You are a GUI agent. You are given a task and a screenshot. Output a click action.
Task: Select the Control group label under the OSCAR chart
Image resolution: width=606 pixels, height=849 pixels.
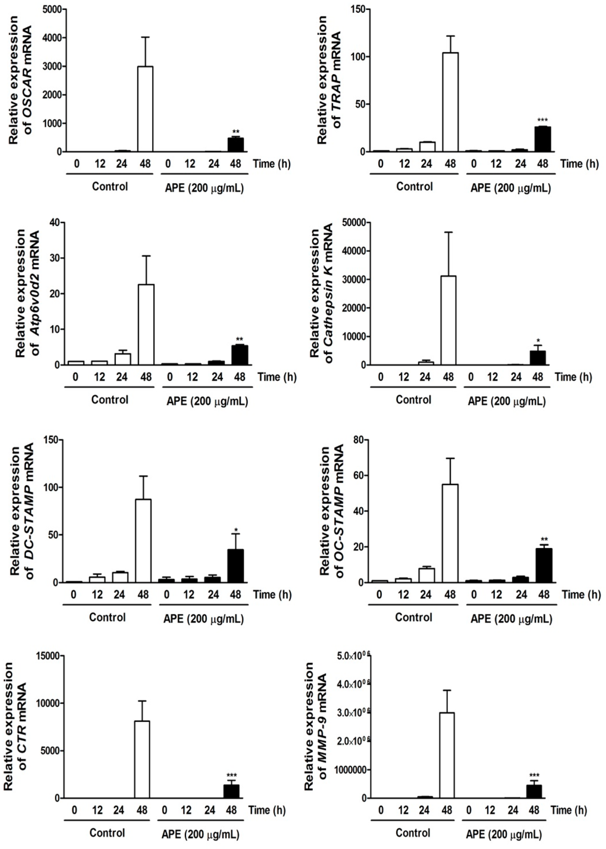click(110, 186)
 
